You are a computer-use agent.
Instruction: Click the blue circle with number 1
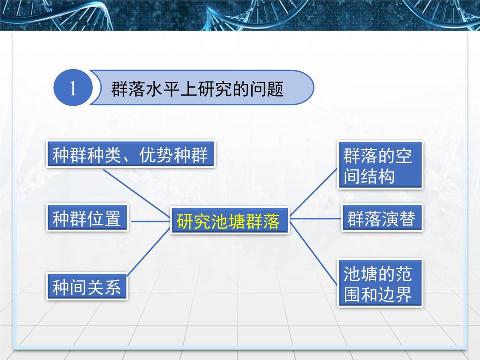point(72,88)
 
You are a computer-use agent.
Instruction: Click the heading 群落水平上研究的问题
point(197,89)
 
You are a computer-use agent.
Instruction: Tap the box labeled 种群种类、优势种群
point(131,154)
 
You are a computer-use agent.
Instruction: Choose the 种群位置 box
point(87,218)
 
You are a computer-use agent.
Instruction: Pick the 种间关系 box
point(87,286)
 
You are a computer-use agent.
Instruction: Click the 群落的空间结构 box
point(380,165)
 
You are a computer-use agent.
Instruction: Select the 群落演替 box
point(382,218)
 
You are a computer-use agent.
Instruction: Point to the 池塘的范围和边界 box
point(380,283)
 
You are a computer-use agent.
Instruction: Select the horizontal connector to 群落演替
point(315,218)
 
